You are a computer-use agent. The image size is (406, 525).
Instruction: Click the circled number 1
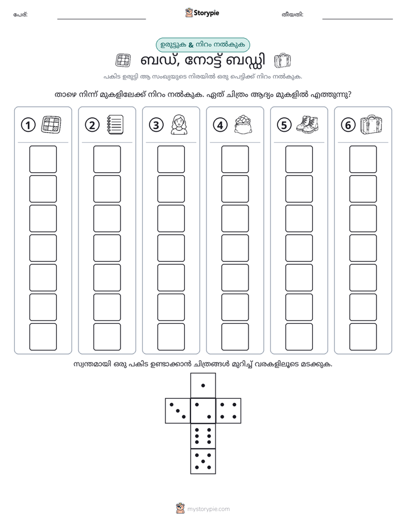point(28,125)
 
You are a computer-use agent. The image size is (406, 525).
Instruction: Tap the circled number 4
point(220,125)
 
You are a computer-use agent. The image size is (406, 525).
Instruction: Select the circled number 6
point(348,125)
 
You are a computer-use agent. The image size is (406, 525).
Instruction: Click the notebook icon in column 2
point(115,125)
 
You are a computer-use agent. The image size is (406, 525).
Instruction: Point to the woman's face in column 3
point(179,125)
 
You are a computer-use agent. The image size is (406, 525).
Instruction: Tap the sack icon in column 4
point(243,124)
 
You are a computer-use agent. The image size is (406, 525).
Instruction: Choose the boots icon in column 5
point(308,124)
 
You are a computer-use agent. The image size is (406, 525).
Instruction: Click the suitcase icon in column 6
point(371,125)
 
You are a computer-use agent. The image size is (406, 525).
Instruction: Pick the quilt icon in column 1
point(51,125)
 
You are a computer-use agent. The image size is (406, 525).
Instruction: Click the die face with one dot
point(203,385)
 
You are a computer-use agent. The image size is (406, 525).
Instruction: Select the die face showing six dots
point(203,436)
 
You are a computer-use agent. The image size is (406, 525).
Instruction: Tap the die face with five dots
point(203,461)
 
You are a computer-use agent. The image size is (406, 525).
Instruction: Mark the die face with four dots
point(229,411)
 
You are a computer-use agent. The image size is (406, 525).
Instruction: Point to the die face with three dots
point(178,411)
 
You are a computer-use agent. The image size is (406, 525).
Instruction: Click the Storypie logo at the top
point(202,13)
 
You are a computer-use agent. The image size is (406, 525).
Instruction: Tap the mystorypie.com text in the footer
point(208,509)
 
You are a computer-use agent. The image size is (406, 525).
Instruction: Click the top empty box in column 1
point(43,159)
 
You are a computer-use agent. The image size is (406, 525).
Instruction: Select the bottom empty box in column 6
point(363,337)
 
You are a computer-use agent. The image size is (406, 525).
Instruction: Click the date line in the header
point(358,19)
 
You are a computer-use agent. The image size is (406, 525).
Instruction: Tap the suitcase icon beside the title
point(282,61)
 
